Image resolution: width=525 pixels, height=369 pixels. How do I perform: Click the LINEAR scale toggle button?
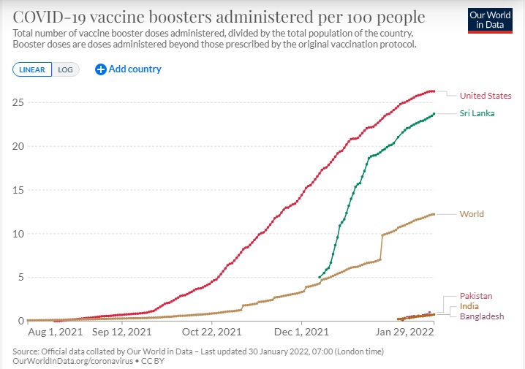tap(31, 69)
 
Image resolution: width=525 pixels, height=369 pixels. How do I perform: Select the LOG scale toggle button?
tap(66, 69)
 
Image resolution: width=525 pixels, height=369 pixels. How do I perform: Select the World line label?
tap(472, 214)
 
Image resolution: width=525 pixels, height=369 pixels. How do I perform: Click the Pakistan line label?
tap(476, 296)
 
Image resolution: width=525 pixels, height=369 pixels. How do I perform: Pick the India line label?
tap(469, 306)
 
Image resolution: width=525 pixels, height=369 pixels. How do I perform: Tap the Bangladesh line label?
tap(481, 316)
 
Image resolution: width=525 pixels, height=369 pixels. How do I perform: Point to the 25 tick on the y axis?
tap(16, 102)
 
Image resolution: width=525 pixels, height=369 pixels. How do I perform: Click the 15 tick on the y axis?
tap(16, 190)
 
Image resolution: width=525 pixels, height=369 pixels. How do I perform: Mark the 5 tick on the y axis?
tap(19, 278)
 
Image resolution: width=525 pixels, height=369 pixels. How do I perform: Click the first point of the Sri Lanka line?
tap(319, 278)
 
